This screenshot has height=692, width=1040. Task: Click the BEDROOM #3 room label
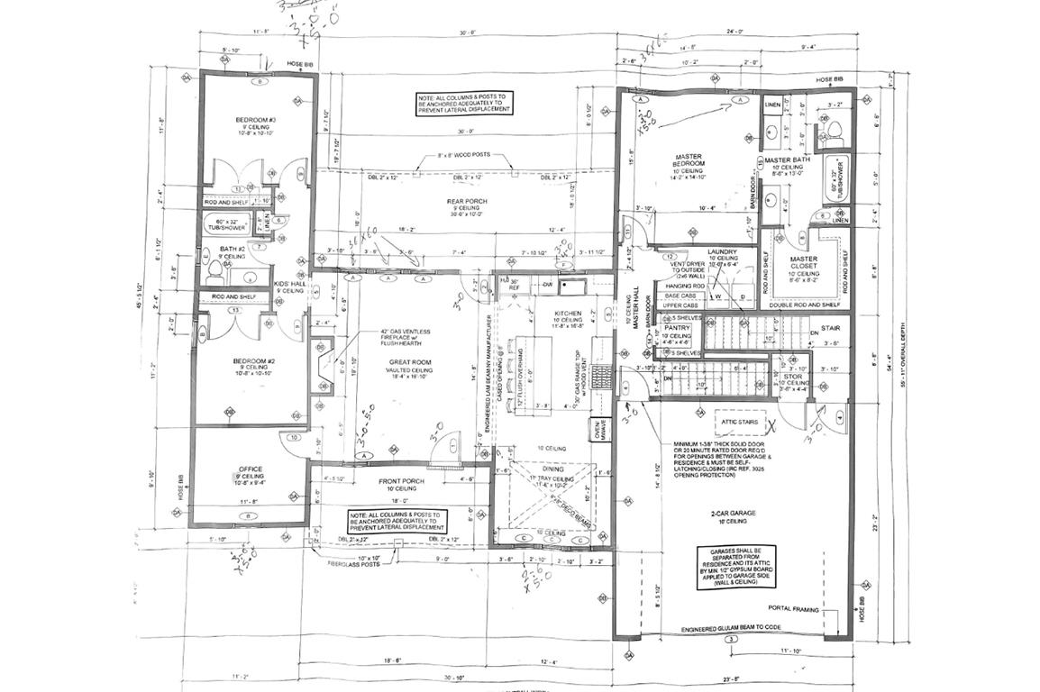point(256,121)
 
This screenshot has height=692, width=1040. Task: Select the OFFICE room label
point(250,469)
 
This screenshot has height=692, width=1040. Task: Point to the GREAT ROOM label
point(405,362)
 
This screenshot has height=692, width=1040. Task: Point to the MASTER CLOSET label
point(804,262)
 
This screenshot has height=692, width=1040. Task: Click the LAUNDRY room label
point(722,252)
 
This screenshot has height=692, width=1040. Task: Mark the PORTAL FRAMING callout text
point(794,609)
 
